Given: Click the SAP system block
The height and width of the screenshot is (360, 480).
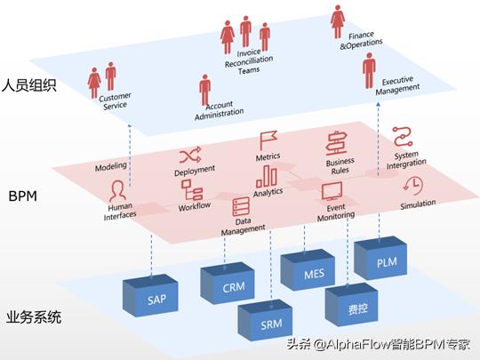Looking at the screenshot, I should [156, 300].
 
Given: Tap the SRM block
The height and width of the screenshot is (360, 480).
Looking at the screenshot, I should [271, 324].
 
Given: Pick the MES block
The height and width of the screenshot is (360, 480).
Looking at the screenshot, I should [314, 274].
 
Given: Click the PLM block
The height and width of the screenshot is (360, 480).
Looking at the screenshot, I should [387, 261].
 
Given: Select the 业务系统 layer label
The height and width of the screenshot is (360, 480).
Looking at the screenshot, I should [36, 317].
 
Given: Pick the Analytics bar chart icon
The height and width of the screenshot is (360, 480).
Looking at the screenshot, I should [267, 177].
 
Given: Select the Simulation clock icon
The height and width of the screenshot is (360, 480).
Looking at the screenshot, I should [413, 186].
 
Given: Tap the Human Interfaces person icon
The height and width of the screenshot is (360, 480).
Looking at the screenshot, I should [116, 189].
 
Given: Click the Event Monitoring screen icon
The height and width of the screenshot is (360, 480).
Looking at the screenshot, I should [332, 190].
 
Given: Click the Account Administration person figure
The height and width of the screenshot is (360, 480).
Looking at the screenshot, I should [205, 88].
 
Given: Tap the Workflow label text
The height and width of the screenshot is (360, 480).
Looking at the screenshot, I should [194, 207].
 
